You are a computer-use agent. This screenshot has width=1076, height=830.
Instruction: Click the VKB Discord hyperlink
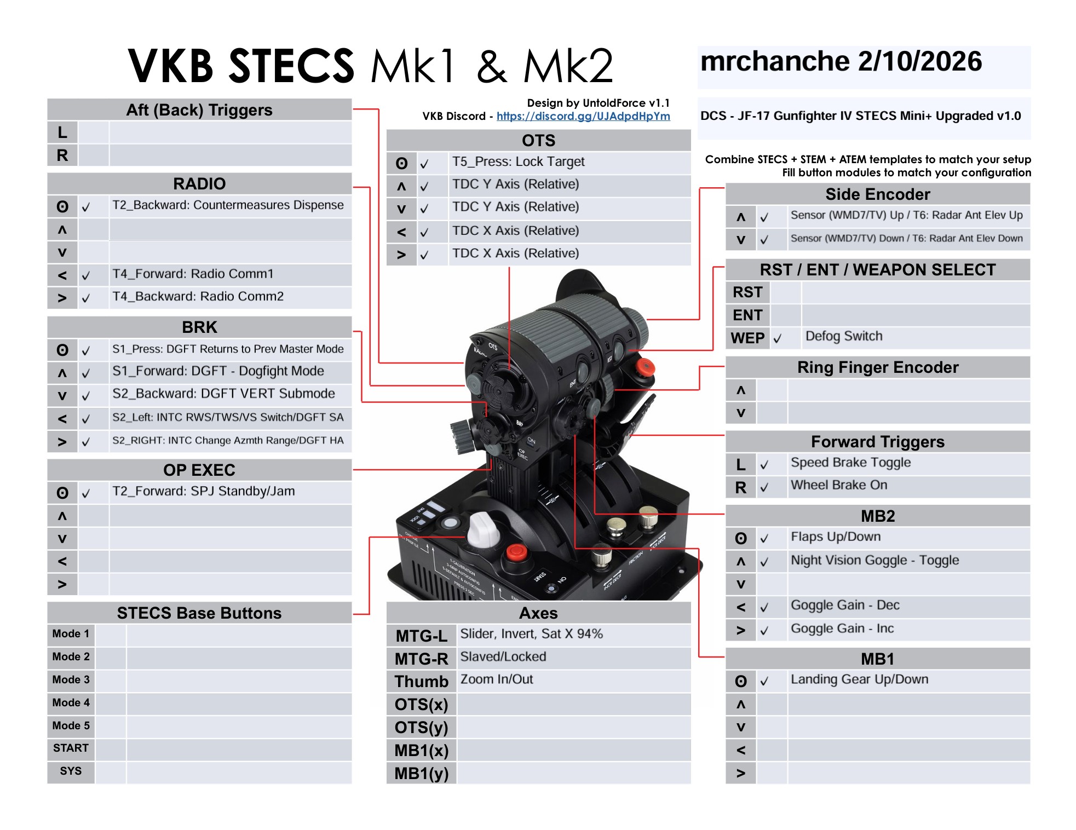[583, 116]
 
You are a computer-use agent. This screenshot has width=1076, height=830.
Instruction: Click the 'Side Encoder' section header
[877, 194]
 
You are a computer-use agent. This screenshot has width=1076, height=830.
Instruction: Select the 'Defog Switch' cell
[844, 336]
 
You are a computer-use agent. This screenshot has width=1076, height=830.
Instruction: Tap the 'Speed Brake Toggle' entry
[850, 463]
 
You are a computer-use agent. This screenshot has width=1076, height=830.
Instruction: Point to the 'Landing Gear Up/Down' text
[859, 679]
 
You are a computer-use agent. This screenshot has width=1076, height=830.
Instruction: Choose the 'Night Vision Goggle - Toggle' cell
[874, 560]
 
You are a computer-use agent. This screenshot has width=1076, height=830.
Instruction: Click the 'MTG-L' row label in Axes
[421, 636]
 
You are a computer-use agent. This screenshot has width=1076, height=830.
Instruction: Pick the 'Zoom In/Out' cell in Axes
[497, 679]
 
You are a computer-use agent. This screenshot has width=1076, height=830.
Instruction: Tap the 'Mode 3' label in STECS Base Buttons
[71, 679]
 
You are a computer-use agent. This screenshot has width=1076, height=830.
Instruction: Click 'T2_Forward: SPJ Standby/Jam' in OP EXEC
[203, 491]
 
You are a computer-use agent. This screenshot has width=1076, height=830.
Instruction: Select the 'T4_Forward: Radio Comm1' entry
[193, 274]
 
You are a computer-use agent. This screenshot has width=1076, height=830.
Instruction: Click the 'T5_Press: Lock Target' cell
[518, 162]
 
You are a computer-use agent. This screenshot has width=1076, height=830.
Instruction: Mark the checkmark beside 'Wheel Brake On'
[764, 487]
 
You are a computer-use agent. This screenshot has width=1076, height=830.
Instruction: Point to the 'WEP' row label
[747, 338]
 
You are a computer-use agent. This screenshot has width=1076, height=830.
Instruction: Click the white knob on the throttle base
[483, 528]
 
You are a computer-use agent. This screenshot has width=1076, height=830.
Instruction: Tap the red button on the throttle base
[515, 552]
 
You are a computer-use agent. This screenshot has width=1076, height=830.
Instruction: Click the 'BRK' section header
[199, 327]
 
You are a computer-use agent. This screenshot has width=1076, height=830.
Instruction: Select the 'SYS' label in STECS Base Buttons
[71, 771]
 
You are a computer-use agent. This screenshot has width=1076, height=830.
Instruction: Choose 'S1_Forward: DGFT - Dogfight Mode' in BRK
[218, 371]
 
